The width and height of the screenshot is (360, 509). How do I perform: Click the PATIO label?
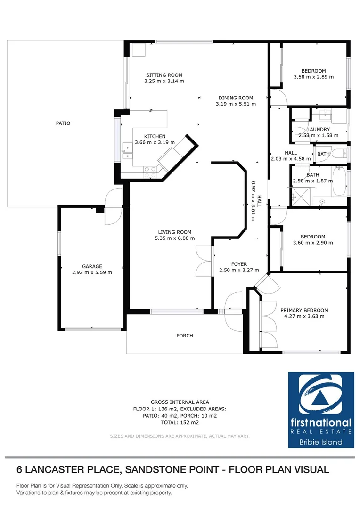tap(63, 123)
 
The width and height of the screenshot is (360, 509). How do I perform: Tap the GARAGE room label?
tap(91, 266)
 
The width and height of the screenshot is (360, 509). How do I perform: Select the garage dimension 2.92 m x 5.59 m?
tap(91, 272)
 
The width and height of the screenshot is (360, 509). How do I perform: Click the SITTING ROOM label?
tap(164, 75)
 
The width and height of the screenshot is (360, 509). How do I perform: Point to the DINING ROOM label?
tap(236, 98)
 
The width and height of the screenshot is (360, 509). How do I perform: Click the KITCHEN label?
tap(155, 136)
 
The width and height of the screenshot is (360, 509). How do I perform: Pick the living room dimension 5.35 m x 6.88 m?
tap(174, 238)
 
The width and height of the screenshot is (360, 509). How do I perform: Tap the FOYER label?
tap(239, 264)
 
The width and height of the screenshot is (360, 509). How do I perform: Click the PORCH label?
tap(185, 336)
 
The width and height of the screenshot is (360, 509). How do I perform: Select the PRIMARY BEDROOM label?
tap(304, 310)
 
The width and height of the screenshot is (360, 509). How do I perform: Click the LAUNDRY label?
tap(319, 129)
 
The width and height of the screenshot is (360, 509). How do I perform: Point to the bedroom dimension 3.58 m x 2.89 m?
tap(313, 77)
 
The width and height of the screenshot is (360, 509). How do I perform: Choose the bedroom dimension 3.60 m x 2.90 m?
tap(313, 243)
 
